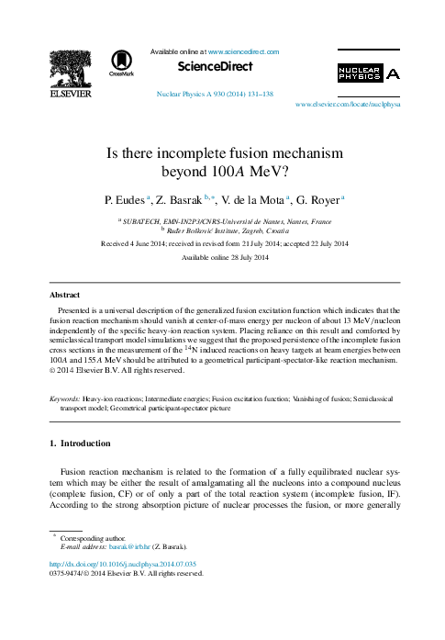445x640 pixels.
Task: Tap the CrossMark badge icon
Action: (121, 62)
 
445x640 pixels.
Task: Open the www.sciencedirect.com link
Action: (244, 52)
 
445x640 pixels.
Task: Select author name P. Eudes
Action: (121, 198)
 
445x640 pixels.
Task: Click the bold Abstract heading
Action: (66, 297)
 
